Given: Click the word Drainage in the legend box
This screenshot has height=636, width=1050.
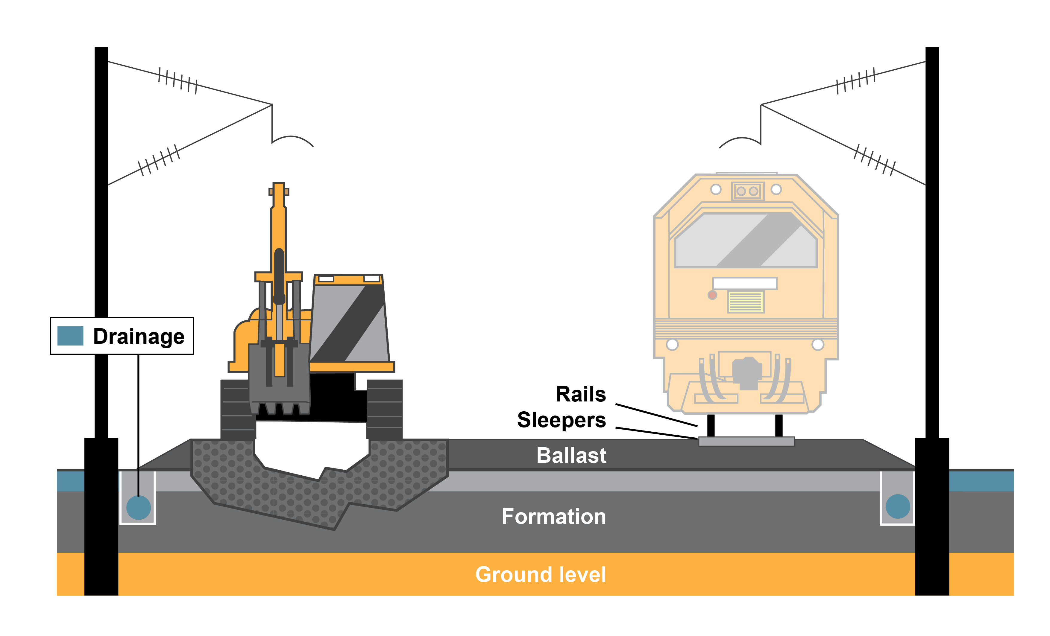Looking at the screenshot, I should pos(139,337).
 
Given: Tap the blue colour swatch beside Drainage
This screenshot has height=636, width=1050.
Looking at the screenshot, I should pos(70,336).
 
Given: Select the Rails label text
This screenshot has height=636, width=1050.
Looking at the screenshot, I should pos(580,394).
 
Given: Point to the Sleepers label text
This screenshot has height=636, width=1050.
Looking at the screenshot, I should pos(561,420).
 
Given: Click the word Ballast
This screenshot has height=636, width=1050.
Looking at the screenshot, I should pos(571,455).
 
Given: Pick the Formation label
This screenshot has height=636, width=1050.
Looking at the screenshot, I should pos(553,516).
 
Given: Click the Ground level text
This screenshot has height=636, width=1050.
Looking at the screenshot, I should pos(540,574).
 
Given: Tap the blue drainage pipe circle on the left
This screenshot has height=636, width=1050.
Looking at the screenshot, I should pos(139,507).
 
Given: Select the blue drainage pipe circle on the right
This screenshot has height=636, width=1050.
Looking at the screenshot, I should pos(897,506).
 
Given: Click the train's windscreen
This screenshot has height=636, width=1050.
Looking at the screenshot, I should pos(745,241).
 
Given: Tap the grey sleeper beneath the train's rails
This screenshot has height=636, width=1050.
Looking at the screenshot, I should pos(746,441).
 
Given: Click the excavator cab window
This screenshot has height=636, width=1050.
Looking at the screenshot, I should pos(349,324).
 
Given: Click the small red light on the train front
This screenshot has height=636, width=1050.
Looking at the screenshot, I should pos(712,295).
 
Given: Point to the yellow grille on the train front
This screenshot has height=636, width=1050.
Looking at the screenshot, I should pos(745,302).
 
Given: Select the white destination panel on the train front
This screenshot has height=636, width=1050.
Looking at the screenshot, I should pos(745,283).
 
